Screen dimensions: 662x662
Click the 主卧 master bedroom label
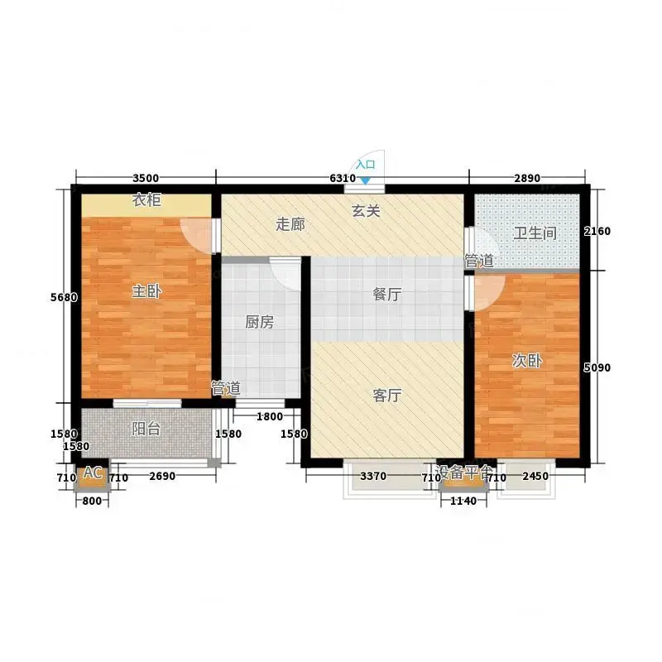(x=146, y=291)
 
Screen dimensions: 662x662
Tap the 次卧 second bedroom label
(x=526, y=361)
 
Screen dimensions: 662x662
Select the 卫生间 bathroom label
(x=535, y=233)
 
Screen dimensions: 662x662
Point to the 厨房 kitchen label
(x=259, y=322)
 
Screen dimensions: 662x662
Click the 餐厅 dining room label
(x=386, y=295)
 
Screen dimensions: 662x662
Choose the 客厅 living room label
(x=386, y=396)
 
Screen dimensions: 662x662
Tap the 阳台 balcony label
(x=146, y=429)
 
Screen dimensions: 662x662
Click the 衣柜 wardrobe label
(x=146, y=199)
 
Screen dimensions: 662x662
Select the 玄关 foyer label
(x=366, y=211)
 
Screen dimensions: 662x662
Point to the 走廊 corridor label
(x=290, y=224)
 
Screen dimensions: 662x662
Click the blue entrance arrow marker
(x=366, y=180)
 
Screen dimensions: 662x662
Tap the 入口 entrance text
(x=365, y=164)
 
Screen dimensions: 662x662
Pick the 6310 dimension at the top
(x=343, y=178)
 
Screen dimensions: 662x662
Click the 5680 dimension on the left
(x=64, y=297)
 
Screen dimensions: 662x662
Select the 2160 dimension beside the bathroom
(x=597, y=231)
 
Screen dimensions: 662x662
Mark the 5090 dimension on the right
(x=597, y=367)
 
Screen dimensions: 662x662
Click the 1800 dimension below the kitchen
(x=270, y=417)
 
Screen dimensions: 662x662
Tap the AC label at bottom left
(x=93, y=473)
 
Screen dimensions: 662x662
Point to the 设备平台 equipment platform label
(x=463, y=472)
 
